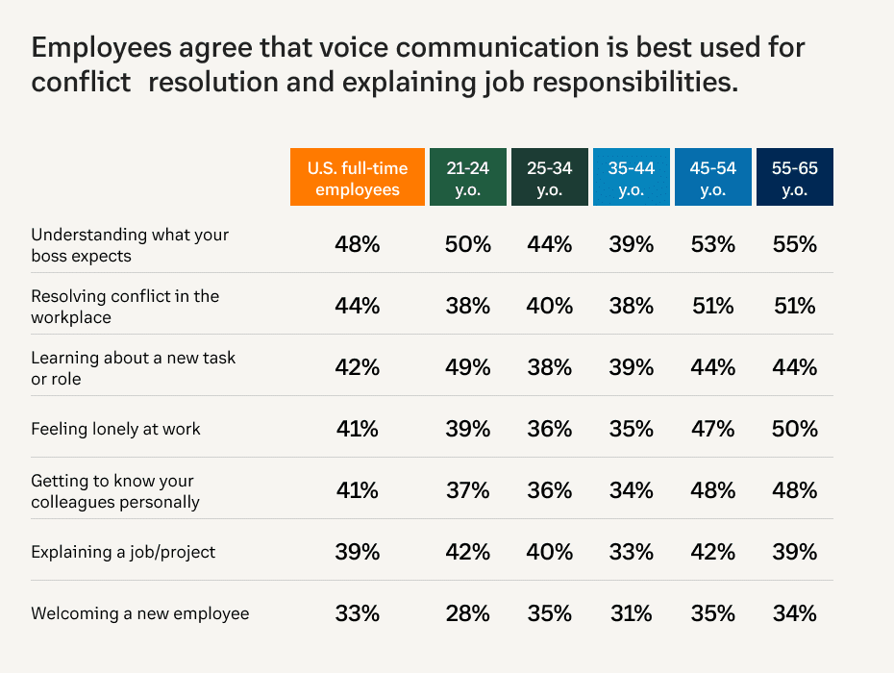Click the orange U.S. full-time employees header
point(358,178)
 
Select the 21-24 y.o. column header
point(468,178)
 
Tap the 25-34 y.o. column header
point(550,178)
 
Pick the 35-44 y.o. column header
point(632,178)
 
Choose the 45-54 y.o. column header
point(713,178)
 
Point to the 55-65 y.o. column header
point(795,178)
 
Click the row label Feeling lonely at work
point(115,429)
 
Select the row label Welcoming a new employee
point(139,613)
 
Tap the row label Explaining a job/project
point(123,552)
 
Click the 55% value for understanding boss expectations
point(795,245)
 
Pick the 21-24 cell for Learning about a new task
point(468,367)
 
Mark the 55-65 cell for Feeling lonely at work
point(795,429)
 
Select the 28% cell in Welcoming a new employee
point(468,613)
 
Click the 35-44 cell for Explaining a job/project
point(632,552)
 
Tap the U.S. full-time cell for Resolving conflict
point(358,307)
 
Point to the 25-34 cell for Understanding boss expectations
point(550,245)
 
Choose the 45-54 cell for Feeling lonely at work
point(713,429)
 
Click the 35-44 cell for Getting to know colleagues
point(632,490)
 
